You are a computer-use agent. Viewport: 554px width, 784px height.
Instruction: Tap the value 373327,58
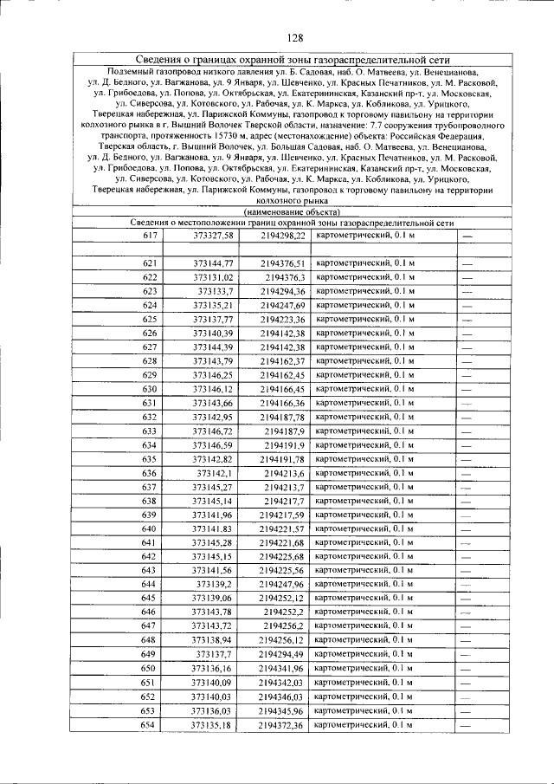pos(213,236)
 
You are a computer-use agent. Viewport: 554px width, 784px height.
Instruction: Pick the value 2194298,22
pos(283,236)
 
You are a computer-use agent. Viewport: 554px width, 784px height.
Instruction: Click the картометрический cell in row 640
pos(364,528)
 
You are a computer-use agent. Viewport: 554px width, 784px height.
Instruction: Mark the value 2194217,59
pos(283,515)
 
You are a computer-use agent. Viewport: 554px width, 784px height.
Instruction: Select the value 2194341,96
pos(283,668)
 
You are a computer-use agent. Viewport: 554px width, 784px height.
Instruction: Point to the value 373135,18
pos(213,724)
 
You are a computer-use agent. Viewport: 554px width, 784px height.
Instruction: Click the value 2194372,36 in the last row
pos(283,724)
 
